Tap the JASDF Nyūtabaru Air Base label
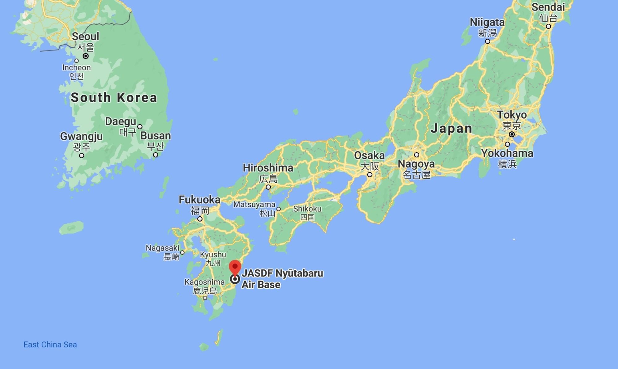282,279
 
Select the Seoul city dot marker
86,56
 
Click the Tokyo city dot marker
512,134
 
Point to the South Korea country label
114,98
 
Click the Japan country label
451,129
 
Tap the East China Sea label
50,345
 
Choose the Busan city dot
156,155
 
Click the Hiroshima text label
268,168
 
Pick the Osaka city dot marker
369,175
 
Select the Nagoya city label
416,164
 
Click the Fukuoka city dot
200,219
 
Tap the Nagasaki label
162,248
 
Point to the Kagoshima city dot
205,298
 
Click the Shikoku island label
307,209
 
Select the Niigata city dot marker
488,41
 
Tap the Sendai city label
548,7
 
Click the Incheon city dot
76,61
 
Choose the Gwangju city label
81,136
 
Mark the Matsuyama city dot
279,209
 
